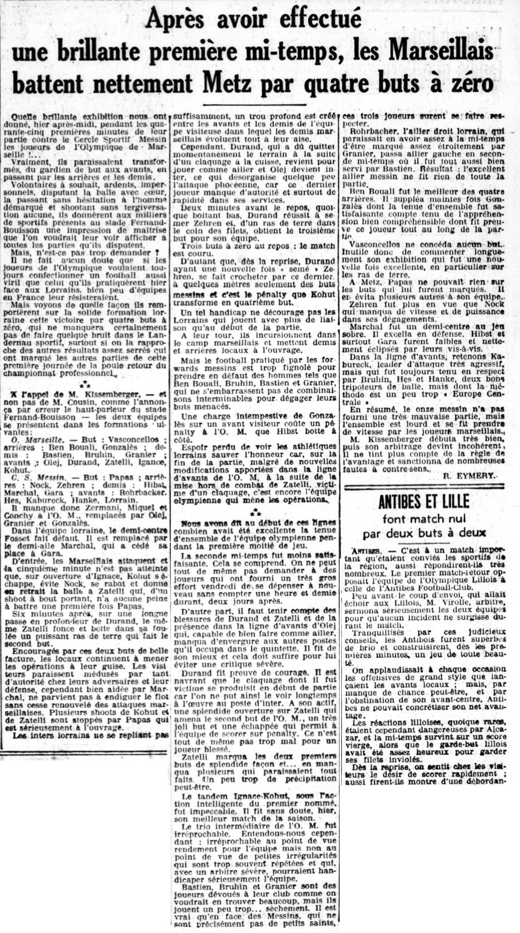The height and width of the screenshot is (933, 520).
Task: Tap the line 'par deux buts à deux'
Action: pos(424,533)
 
